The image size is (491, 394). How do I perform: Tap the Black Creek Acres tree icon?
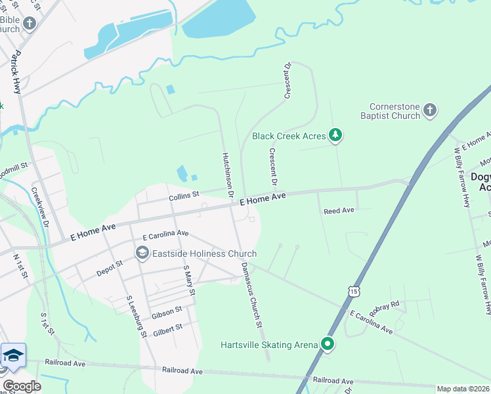[335, 135]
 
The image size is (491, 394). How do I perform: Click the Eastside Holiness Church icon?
[142, 253]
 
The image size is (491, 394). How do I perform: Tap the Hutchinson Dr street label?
[228, 175]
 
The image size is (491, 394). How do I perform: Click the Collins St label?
[183, 195]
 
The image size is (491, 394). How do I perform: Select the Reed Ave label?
[339, 211]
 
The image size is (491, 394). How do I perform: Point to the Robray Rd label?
[385, 305]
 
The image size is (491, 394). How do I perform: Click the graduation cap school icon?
[13, 356]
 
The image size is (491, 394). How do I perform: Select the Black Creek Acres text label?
[289, 136]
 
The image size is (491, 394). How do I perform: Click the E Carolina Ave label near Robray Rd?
[372, 322]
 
